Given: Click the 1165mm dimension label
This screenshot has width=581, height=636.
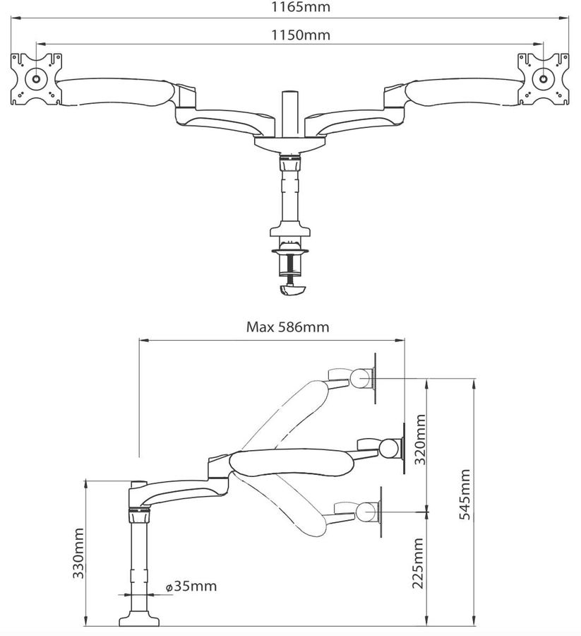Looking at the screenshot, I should tap(290, 8).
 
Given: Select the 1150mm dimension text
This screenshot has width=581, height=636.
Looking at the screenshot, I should tap(290, 34).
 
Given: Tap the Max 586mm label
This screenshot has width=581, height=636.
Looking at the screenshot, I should tap(287, 327).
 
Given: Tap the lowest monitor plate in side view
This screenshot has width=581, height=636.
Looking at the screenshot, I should tap(381, 511).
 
